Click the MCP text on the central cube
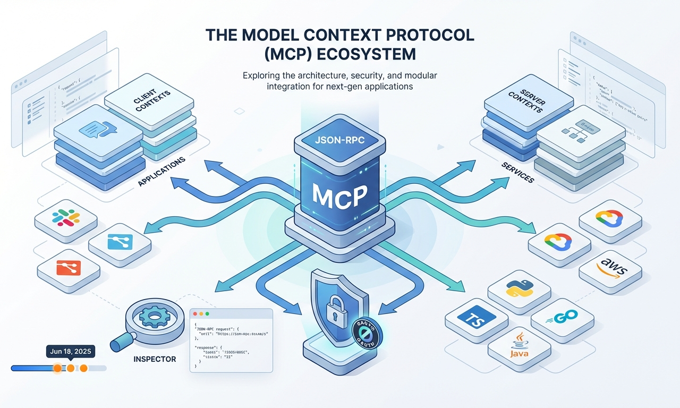point(339,196)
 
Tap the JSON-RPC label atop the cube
point(339,142)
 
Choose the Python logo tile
point(519,287)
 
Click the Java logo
point(519,346)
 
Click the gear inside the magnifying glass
point(155,319)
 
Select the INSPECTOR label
point(155,360)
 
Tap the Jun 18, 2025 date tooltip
point(70,352)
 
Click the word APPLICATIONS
point(161,171)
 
